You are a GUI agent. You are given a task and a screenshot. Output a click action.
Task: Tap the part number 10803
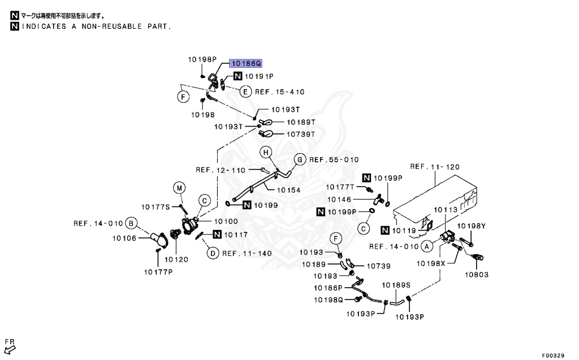pyautogui.click(x=476, y=275)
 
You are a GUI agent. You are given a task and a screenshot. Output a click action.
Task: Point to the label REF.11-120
pyautogui.click(x=435, y=167)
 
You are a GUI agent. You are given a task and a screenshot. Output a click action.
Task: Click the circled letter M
pyautogui.click(x=179, y=188)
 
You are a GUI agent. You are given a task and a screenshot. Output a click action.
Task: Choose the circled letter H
pyautogui.click(x=266, y=151)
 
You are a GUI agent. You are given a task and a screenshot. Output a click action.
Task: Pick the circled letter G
pyautogui.click(x=300, y=159)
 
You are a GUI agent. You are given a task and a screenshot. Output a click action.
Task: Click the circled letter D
pyautogui.click(x=212, y=253)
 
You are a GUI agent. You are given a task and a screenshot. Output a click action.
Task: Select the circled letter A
pyautogui.click(x=427, y=246)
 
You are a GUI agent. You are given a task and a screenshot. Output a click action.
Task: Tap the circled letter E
pyautogui.click(x=245, y=92)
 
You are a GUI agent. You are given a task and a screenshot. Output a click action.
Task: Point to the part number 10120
pyautogui.click(x=176, y=259)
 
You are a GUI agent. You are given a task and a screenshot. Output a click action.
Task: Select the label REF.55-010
pyautogui.click(x=334, y=159)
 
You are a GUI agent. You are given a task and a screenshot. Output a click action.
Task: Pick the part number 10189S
pyautogui.click(x=396, y=285)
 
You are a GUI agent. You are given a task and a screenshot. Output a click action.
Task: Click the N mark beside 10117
pyautogui.click(x=217, y=235)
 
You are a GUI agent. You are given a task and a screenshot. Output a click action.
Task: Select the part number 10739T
pyautogui.click(x=300, y=134)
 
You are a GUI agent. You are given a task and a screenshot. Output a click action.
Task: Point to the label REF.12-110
pyautogui.click(x=221, y=170)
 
